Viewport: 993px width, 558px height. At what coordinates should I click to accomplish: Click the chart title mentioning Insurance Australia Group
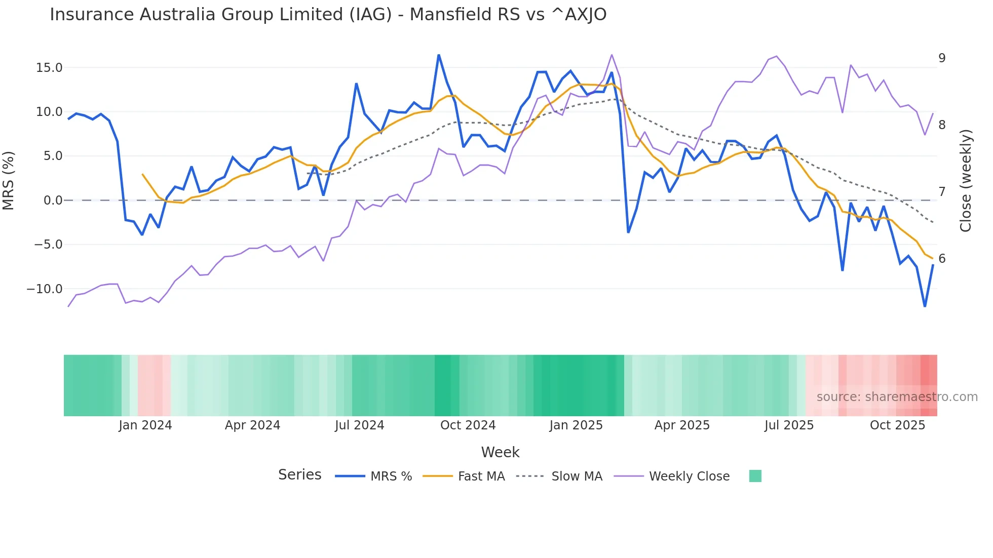click(328, 15)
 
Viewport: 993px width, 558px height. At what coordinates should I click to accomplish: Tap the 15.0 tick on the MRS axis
click(49, 68)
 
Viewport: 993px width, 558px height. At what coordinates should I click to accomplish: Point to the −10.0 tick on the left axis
click(45, 289)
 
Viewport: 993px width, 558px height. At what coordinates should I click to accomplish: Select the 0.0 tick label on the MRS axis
click(53, 201)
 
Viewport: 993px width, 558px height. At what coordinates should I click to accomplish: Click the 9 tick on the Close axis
click(942, 58)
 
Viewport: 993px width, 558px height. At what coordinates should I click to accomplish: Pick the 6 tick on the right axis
click(942, 259)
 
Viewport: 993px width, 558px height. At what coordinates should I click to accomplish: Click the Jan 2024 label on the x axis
click(145, 425)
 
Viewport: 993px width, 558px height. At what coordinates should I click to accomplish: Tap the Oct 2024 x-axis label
click(468, 425)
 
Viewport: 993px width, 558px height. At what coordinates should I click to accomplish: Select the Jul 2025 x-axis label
click(789, 425)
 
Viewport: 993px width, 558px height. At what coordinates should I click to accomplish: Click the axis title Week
click(500, 452)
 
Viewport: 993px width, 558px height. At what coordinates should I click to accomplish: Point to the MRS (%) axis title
click(9, 180)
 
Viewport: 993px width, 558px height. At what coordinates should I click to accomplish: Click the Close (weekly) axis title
click(966, 180)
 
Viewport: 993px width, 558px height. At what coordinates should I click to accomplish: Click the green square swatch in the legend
click(755, 476)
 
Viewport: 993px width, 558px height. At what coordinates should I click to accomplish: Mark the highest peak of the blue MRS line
click(439, 55)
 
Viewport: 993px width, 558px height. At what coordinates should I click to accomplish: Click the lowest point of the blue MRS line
click(925, 306)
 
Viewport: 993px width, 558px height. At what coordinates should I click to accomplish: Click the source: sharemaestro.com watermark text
click(897, 397)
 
